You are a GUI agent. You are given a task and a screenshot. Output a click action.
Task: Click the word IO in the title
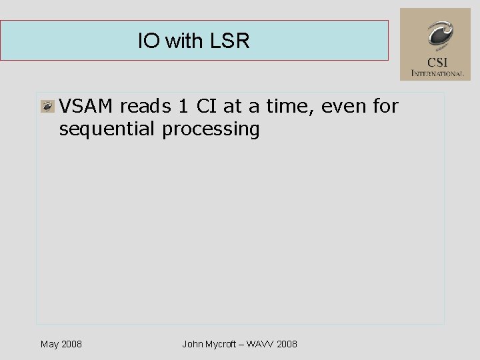149,41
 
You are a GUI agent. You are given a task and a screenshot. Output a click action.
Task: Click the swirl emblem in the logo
439,35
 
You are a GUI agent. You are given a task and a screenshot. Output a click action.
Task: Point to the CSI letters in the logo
438,61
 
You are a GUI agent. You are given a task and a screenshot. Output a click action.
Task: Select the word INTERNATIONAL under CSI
437,73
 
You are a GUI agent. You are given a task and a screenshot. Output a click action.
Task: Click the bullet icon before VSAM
47,107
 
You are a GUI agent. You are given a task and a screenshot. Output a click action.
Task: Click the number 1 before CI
185,106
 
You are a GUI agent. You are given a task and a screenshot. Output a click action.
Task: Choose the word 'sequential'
107,129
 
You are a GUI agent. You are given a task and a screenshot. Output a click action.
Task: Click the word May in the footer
49,344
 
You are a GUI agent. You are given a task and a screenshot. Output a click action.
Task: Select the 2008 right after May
71,344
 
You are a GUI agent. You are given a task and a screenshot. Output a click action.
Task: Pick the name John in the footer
193,344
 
